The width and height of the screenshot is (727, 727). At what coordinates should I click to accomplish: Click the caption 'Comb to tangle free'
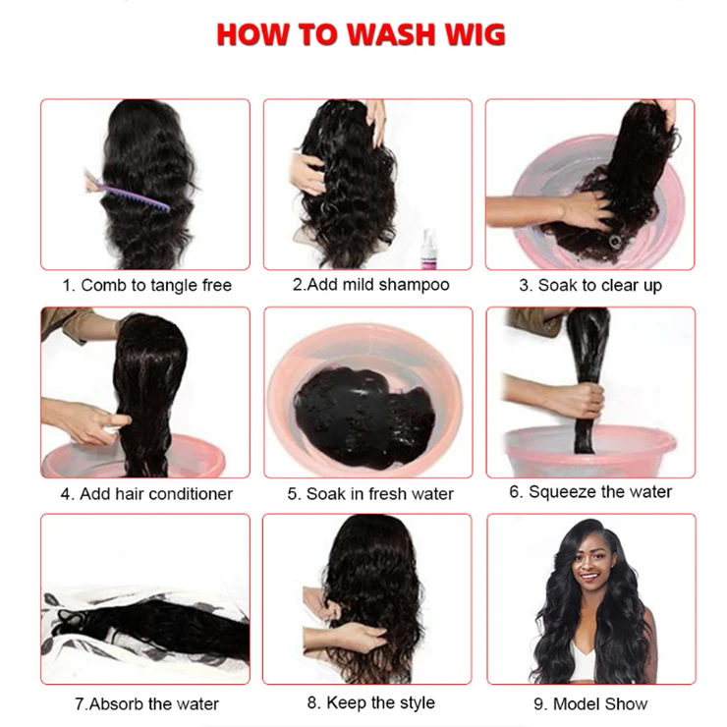pos(156,285)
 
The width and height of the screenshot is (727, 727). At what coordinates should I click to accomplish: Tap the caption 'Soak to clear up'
pos(599,286)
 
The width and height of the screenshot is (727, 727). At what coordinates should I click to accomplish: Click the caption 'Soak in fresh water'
pos(380,494)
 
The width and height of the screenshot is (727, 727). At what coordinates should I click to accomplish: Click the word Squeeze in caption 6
pos(560,492)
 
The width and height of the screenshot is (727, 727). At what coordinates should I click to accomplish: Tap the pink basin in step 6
pos(589,450)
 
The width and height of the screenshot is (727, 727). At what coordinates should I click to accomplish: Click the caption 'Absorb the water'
pos(153,703)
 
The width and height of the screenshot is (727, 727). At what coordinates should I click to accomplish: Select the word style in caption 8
pos(417,702)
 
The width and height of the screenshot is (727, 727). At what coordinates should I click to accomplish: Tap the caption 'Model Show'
pos(600,703)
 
